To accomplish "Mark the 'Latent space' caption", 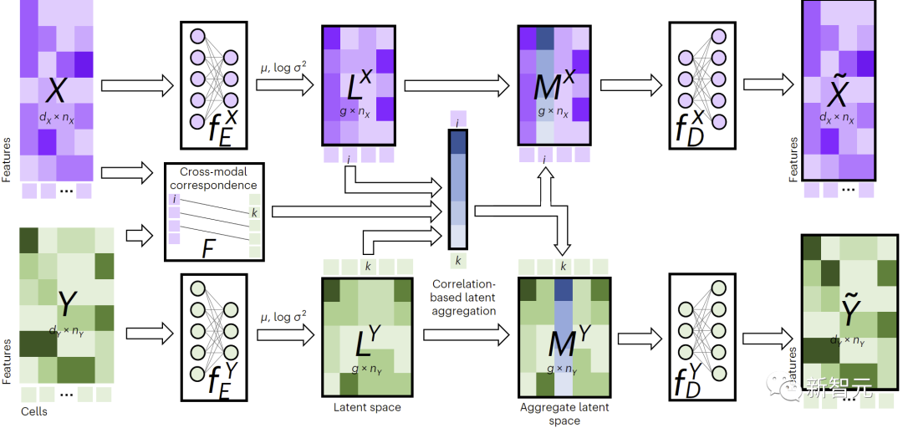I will pos(367,407).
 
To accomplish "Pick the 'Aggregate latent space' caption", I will pos(564,414).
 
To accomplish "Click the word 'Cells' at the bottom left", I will pos(34,412).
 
